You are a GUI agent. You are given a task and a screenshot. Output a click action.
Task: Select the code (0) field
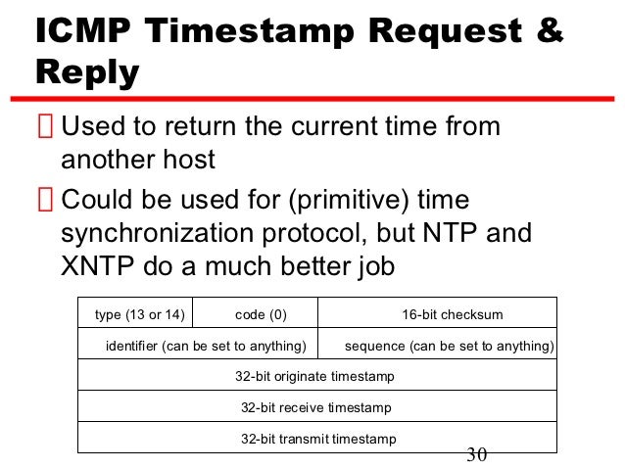point(262,314)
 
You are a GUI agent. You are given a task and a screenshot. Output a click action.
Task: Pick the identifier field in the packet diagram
point(205,346)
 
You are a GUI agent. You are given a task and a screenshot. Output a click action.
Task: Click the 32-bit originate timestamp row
point(315,376)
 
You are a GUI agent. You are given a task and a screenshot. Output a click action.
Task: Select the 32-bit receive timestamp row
point(315,407)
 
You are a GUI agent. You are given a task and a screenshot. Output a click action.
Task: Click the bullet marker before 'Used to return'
point(45,127)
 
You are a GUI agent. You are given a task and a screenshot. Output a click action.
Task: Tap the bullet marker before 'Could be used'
point(45,201)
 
